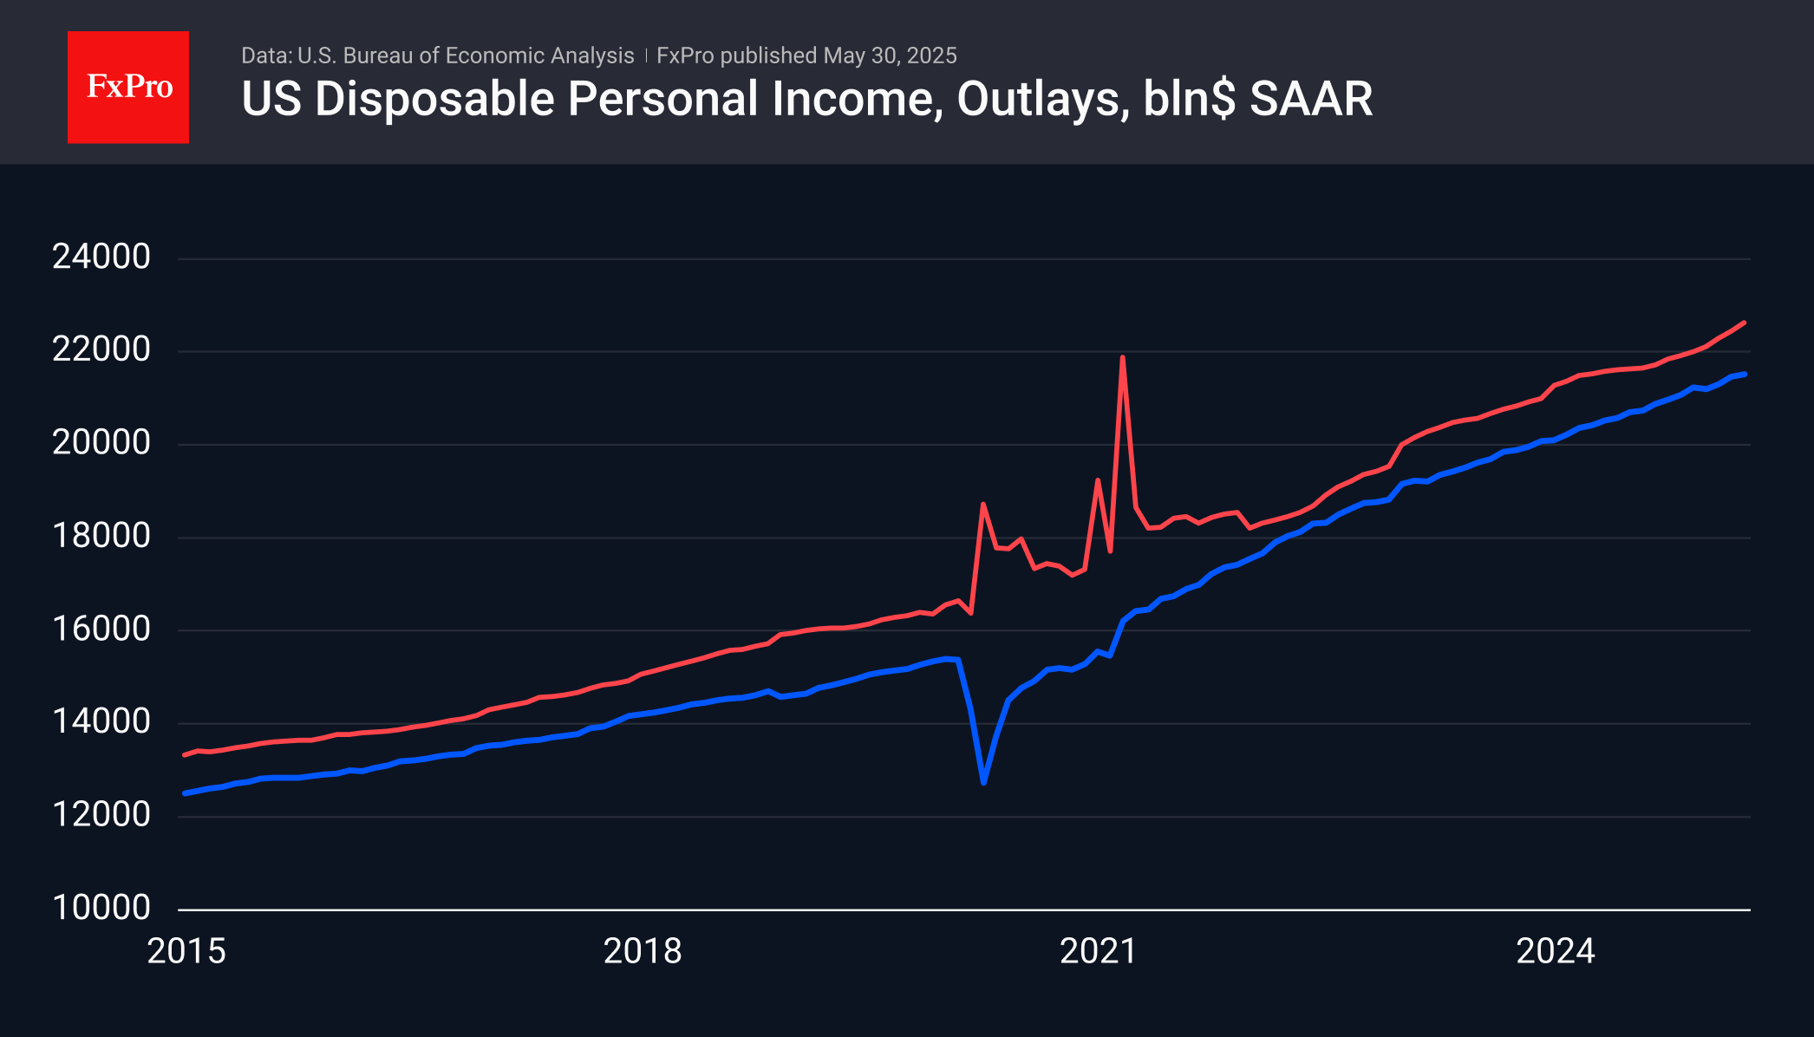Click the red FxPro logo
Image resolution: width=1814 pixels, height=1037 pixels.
(128, 87)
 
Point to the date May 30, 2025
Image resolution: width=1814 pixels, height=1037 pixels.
(890, 55)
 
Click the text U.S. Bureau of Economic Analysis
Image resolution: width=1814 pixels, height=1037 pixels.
(466, 55)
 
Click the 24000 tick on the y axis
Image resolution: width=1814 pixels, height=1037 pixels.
(101, 257)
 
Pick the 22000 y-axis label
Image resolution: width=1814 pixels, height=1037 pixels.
(101, 349)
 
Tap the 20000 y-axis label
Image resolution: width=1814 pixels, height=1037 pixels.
(101, 443)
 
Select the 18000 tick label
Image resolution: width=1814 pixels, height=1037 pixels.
(101, 536)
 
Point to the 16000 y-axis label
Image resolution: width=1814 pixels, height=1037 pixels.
(101, 629)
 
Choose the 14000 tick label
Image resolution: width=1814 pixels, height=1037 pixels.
(101, 721)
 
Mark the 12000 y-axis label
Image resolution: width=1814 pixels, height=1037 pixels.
(101, 814)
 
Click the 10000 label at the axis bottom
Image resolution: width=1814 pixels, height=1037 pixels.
(101, 908)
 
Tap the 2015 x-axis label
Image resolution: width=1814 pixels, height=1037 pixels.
(186, 951)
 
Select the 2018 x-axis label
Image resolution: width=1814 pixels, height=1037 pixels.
(643, 951)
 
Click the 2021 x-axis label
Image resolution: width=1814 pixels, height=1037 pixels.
(1099, 951)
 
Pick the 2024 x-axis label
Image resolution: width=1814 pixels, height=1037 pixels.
(1556, 951)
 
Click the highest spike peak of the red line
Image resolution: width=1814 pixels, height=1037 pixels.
(1122, 357)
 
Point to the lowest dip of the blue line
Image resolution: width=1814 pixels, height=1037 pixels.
(983, 782)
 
